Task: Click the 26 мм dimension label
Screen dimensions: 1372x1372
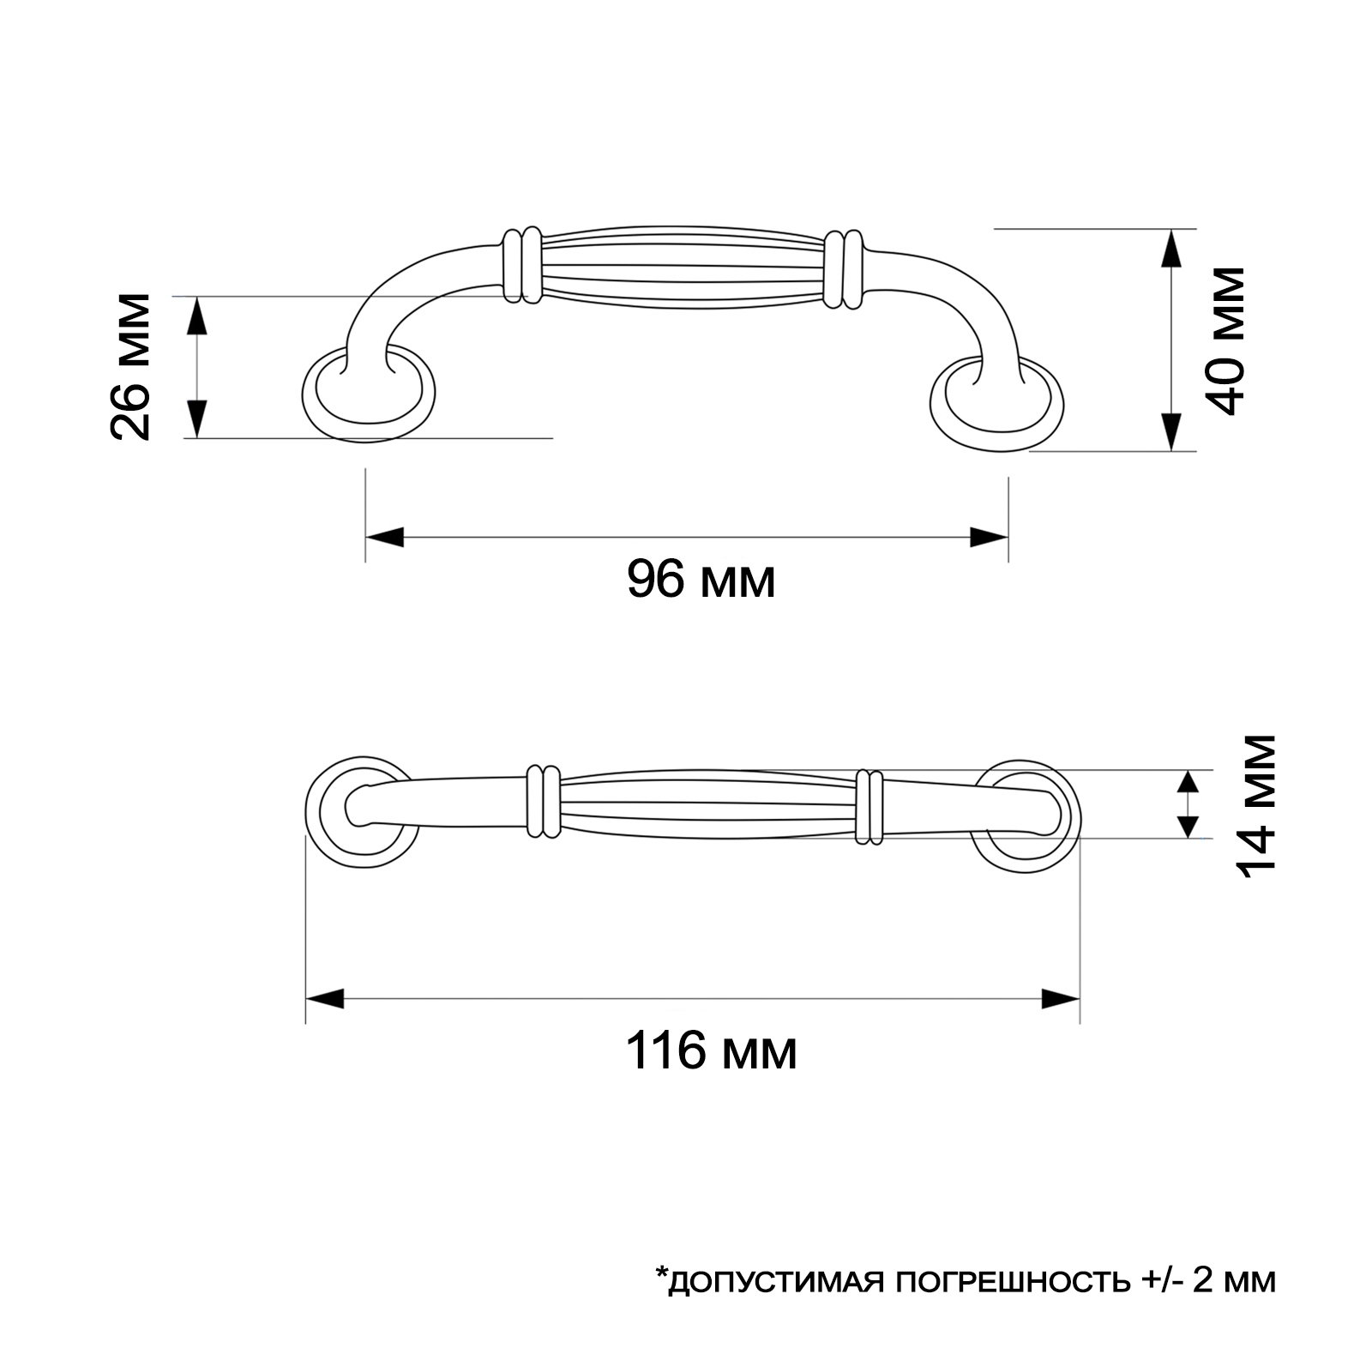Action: (x=130, y=367)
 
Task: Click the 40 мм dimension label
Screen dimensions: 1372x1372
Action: (x=1223, y=340)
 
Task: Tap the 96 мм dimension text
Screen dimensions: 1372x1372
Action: (x=701, y=580)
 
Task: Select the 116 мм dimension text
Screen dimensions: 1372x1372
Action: (x=712, y=1050)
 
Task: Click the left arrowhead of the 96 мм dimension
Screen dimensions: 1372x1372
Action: (x=384, y=538)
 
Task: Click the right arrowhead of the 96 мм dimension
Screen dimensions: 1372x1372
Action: (x=989, y=538)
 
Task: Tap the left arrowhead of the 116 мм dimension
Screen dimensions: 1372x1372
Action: (x=325, y=999)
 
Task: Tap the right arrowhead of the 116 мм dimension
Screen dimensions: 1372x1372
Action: (x=1061, y=999)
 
